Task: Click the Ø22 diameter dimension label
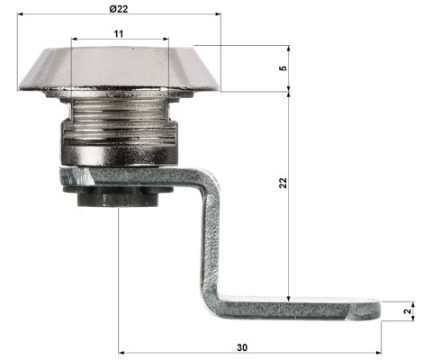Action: [119, 9]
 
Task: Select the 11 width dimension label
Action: [119, 33]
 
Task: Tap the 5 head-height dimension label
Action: [283, 68]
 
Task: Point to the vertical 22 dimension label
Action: [283, 183]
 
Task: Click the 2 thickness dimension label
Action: [408, 311]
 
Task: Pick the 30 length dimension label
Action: [242, 347]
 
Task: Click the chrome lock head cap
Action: [120, 69]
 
